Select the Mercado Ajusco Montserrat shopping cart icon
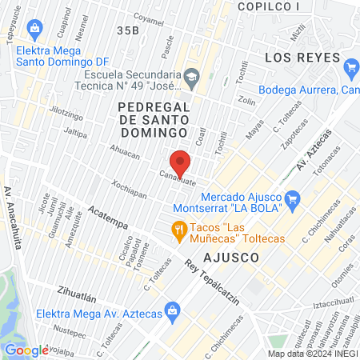(293, 197)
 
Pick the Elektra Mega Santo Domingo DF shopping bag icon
(34, 30)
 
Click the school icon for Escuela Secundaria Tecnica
(191, 77)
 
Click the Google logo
(27, 350)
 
